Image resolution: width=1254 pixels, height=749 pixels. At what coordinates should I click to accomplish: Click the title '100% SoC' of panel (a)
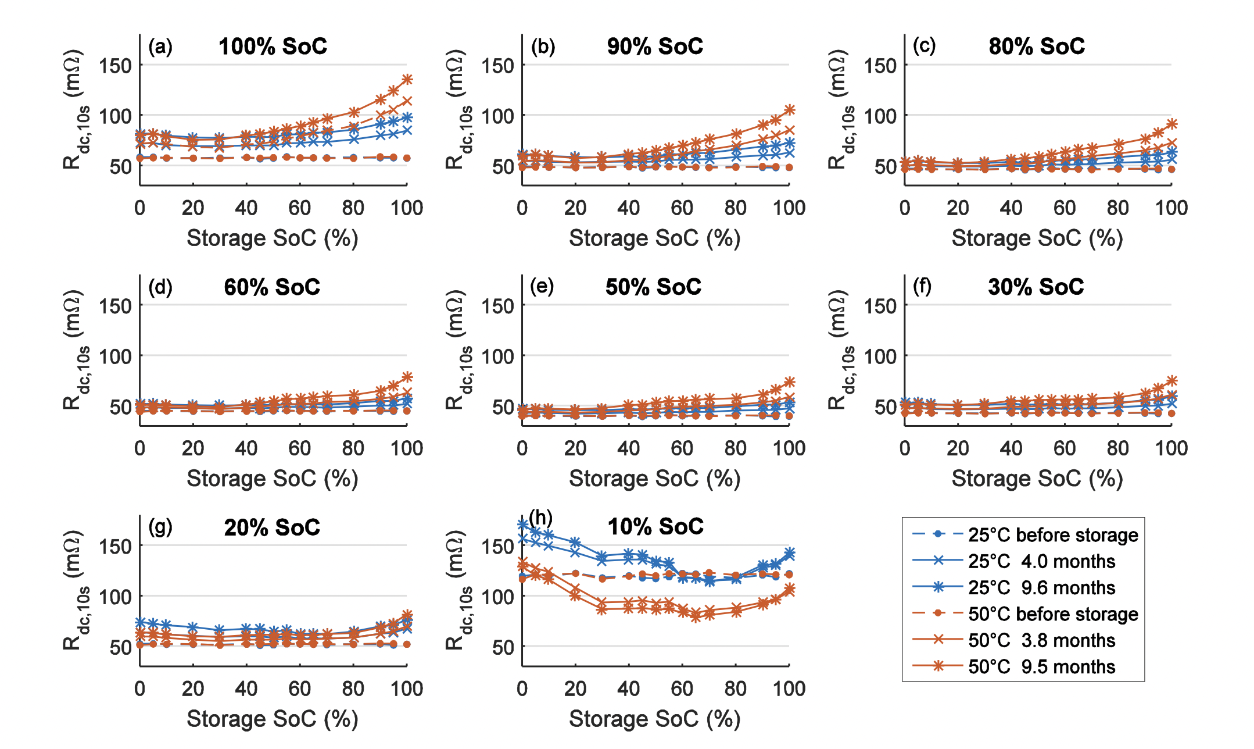pos(273,47)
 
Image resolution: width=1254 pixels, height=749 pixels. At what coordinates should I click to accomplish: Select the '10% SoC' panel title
pos(655,527)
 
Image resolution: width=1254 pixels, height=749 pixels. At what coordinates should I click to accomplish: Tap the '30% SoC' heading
pos(1036,287)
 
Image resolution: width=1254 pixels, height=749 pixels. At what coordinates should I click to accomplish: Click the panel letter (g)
pos(160,526)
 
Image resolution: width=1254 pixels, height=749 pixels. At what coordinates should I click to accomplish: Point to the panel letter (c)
pos(924,45)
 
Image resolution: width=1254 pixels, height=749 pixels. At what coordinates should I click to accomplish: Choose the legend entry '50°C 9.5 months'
pos(1041,666)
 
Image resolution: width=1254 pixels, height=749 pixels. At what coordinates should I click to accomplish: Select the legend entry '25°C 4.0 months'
pos(1041,561)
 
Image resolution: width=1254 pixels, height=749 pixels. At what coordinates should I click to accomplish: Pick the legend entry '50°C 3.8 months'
pos(1041,640)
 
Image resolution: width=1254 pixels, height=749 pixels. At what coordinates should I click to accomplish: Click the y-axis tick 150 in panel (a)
pos(115,66)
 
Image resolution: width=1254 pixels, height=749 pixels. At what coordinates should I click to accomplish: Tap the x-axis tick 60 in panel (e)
pos(682,448)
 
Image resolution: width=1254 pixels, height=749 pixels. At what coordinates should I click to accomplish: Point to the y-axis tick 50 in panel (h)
pos(503,647)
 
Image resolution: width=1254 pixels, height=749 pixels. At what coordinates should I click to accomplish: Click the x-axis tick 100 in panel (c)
pos(1171,208)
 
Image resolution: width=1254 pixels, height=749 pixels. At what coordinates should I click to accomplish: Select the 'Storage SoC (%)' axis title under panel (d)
pos(272,479)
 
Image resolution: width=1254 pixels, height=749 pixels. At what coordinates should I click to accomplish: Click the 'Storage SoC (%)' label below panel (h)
pos(654,719)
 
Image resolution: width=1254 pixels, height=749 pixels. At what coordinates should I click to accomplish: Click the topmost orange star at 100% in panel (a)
pos(407,79)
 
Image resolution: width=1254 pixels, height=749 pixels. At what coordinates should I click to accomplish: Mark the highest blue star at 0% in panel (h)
pos(522,525)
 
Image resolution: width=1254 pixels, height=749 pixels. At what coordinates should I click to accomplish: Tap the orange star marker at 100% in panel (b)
pos(789,110)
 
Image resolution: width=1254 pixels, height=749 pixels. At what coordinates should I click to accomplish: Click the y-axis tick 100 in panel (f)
pos(880,356)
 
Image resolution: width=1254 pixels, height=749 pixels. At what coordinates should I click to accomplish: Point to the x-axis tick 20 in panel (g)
pos(193,689)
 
